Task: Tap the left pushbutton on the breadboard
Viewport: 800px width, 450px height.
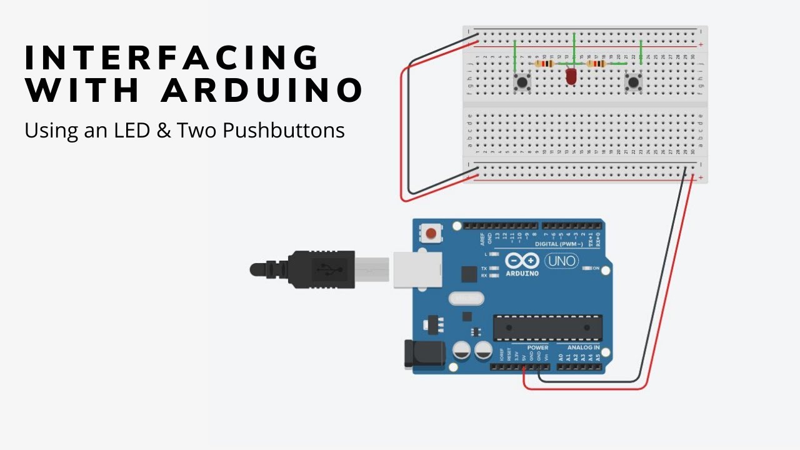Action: point(520,82)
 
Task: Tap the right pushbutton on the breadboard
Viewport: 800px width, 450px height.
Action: point(634,82)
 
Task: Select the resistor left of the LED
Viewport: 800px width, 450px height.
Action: point(546,64)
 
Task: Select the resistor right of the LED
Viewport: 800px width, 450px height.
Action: point(597,64)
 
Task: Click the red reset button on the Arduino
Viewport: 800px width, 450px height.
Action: point(430,234)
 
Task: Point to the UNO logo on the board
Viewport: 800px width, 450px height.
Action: point(561,261)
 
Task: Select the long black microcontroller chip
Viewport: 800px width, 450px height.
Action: point(547,327)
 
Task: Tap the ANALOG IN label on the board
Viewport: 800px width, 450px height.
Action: point(583,347)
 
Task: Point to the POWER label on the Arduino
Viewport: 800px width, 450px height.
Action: point(537,347)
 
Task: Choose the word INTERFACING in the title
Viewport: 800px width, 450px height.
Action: point(172,58)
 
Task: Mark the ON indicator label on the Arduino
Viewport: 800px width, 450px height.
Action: point(596,269)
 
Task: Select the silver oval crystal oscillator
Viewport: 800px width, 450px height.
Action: point(466,299)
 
